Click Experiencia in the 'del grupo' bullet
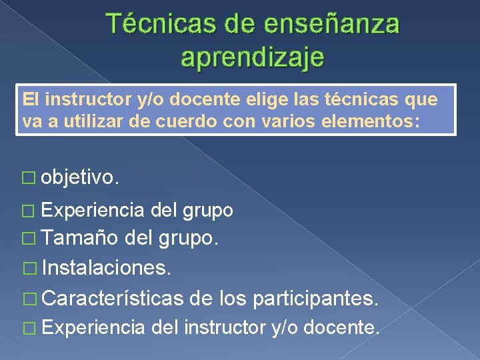93,211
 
